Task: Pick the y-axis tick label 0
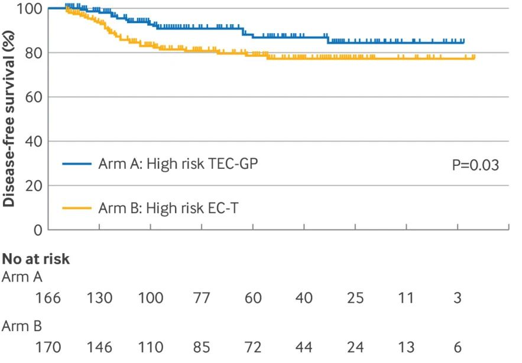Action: (x=36, y=231)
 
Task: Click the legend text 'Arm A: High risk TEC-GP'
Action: (x=178, y=164)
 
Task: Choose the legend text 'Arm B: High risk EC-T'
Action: (x=168, y=208)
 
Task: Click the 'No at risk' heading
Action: (x=36, y=259)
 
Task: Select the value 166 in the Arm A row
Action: (x=48, y=298)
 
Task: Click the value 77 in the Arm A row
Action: (x=202, y=298)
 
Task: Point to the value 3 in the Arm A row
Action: (x=457, y=298)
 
